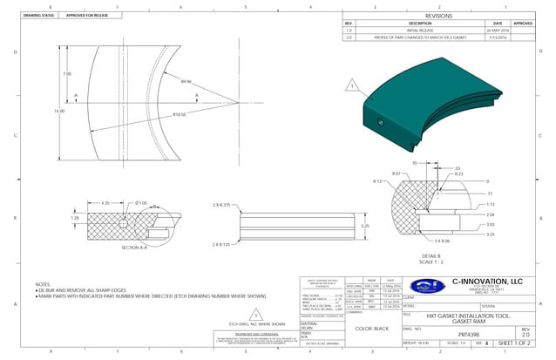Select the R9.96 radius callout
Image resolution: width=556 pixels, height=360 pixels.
pos(186,81)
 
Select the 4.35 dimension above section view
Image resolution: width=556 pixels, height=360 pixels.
pos(106,203)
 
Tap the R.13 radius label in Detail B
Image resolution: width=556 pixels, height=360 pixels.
pos(379,181)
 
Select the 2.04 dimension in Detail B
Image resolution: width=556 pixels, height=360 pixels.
pos(490,214)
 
